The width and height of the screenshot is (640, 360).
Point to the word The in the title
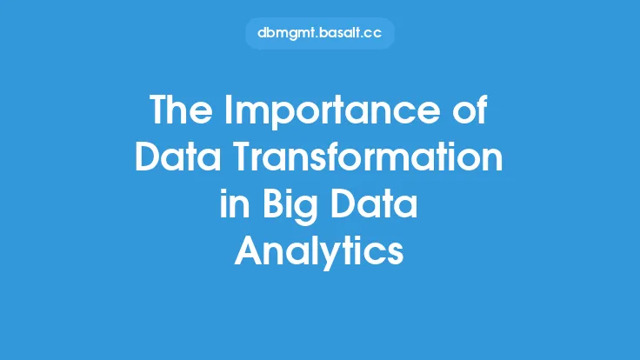(181, 110)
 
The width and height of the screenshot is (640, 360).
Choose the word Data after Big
(374, 203)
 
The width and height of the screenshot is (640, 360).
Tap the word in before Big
(235, 203)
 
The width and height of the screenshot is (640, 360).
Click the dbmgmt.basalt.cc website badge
(320, 33)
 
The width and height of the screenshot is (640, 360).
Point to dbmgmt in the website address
(286, 34)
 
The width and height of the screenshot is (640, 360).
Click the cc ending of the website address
(372, 34)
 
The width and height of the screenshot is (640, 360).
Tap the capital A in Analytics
(249, 250)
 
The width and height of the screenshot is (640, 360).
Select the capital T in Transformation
(245, 157)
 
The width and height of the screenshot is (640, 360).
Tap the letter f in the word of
(482, 110)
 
